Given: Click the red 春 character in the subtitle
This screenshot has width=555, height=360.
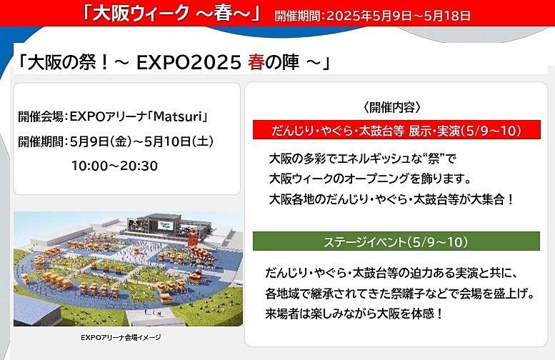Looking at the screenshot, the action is tap(256, 63).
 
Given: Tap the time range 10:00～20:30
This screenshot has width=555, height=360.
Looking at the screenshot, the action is tap(115, 166).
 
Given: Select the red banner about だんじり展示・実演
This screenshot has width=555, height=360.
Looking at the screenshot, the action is tap(396, 130).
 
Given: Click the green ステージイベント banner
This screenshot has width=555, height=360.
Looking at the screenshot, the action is tap(396, 241).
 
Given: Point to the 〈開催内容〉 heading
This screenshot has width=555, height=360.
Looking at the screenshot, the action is tap(392, 107).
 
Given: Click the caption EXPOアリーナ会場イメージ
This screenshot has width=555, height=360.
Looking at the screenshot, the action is tap(121, 337).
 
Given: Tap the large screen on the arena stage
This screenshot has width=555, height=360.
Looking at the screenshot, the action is tap(165, 226).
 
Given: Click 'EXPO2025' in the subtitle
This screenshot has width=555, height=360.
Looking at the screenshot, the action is tap(189, 63).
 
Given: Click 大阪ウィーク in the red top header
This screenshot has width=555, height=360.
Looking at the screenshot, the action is tap(141, 14).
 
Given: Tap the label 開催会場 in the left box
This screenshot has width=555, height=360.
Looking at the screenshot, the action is tap(40, 116).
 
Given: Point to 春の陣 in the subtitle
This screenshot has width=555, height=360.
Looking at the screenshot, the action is tap(274, 63).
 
